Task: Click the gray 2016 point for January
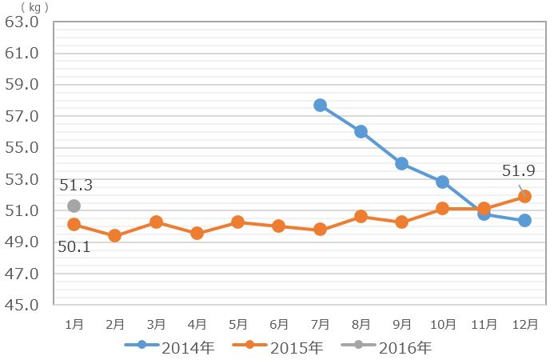click(74, 206)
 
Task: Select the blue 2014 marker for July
click(320, 105)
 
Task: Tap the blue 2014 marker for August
click(361, 131)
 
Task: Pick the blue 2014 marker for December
click(524, 220)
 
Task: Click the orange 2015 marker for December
click(524, 196)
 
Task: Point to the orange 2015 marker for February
click(114, 235)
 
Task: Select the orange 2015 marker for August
click(361, 216)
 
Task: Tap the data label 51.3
click(76, 186)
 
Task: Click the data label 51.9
click(517, 170)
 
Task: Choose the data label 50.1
click(74, 246)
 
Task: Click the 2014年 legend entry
click(170, 347)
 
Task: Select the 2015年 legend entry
click(278, 347)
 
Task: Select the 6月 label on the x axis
click(279, 324)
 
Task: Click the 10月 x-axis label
click(443, 324)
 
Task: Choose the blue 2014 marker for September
click(401, 163)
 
